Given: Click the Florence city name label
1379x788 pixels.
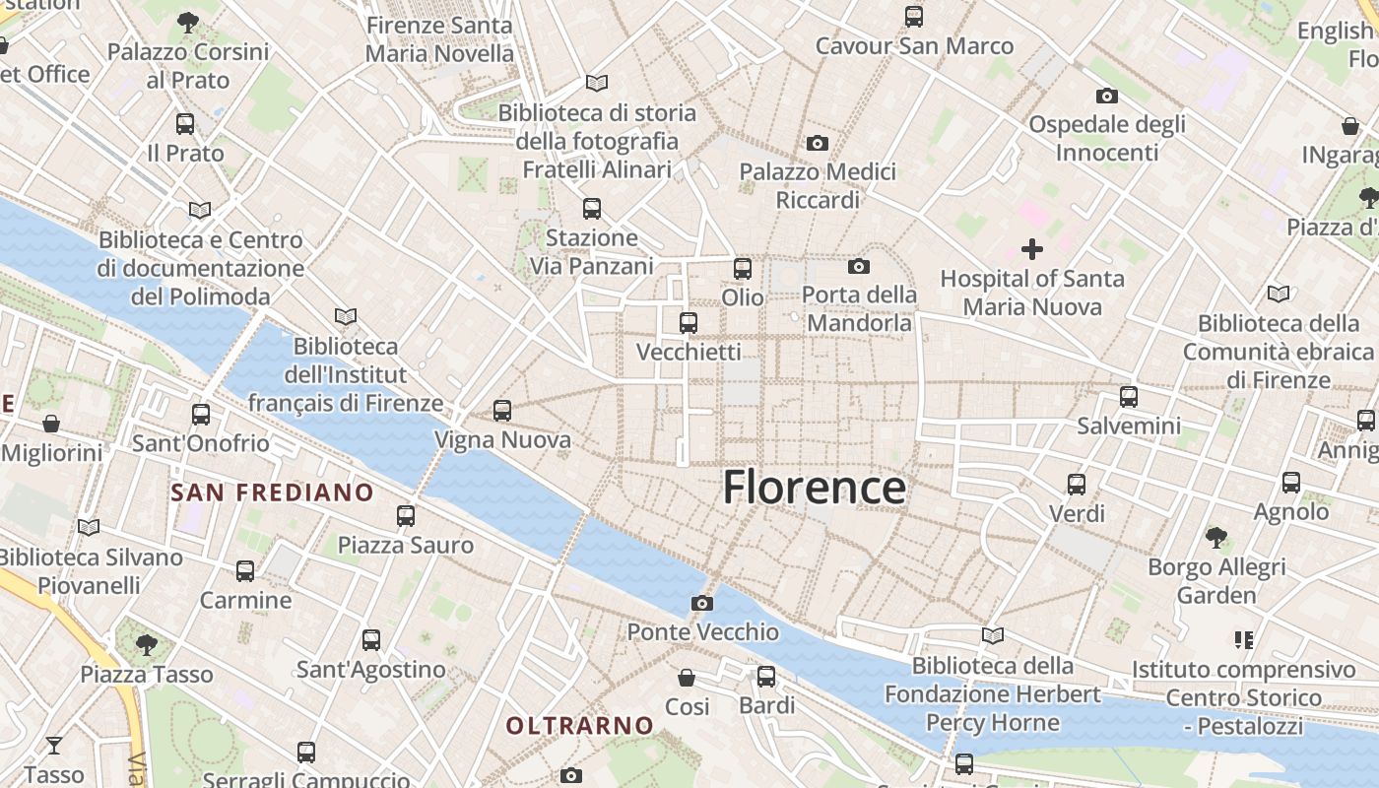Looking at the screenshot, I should pos(815,488).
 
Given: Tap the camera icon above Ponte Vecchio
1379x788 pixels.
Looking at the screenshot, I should pos(701,603).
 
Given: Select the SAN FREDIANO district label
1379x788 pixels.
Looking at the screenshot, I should pos(272,492).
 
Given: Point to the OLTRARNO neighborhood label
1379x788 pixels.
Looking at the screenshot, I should pos(579,726).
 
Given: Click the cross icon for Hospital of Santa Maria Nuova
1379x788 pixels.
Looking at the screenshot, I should pos(1031,249).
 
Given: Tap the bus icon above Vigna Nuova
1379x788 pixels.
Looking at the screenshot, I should pos(502,411).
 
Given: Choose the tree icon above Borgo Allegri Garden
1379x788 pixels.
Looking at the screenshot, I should pos(1216,538).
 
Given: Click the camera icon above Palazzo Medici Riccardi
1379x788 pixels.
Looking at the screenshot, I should pos(817,144).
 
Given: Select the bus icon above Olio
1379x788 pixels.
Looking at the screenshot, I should pos(743,268).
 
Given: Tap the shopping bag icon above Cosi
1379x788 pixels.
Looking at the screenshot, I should pos(687,678).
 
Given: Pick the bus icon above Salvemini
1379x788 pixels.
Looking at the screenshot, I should pos(1129,397).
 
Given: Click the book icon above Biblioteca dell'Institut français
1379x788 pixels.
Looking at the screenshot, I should pos(345,316).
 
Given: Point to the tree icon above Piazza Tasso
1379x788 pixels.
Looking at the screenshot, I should pos(147,645).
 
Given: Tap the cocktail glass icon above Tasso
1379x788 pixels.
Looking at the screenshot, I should pos(54,745).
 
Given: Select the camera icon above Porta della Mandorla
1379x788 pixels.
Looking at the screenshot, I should pos(859,266).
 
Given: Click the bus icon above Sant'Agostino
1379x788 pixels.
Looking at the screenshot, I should pos(371,640).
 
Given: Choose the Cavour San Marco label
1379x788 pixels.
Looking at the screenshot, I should pos(914,45).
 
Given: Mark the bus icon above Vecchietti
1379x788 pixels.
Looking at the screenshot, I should pos(689,322).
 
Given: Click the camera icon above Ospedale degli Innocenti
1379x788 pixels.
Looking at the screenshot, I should pos(1107,97).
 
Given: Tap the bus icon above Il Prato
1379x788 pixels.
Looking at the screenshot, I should pos(185,124).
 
